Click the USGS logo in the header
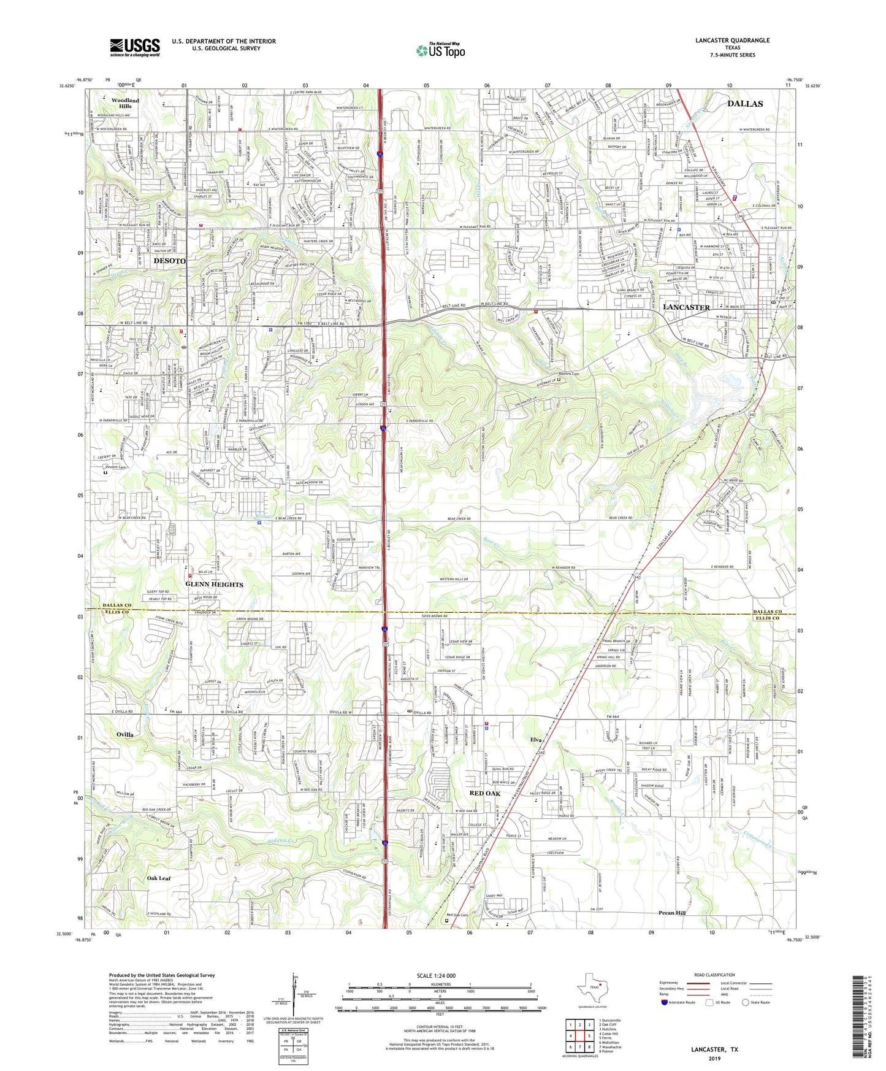tap(135, 47)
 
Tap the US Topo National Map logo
tap(440, 50)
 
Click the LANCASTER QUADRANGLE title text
tap(732, 40)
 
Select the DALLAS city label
tap(745, 104)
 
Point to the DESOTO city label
tap(169, 261)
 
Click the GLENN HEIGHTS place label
tap(214, 585)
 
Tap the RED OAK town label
tap(484, 793)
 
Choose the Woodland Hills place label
tap(125, 103)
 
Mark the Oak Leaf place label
tap(159, 878)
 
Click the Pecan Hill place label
tap(672, 913)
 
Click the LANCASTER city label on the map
tap(687, 307)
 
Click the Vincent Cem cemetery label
tap(115, 467)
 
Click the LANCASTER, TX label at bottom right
tap(714, 1050)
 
